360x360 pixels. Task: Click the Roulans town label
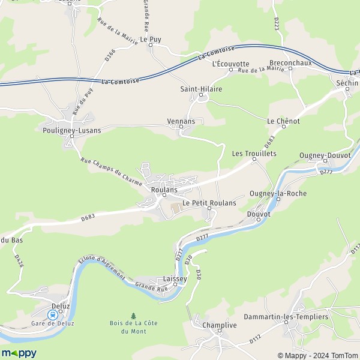tap(164, 190)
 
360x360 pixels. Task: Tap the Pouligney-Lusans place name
tap(72, 130)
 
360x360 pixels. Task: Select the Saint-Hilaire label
tap(201, 89)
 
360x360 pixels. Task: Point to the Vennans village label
tap(181, 121)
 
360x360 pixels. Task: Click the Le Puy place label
tap(151, 39)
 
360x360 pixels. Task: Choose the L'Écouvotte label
tap(230, 64)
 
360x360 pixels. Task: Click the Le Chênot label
tap(283, 121)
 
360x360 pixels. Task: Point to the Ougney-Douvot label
tap(325, 155)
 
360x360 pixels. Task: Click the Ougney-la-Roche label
tap(278, 193)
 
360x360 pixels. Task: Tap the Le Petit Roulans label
tap(209, 203)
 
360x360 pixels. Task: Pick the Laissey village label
tap(175, 279)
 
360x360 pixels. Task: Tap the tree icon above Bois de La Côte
tap(133, 315)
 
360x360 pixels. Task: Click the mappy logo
tap(19, 353)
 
